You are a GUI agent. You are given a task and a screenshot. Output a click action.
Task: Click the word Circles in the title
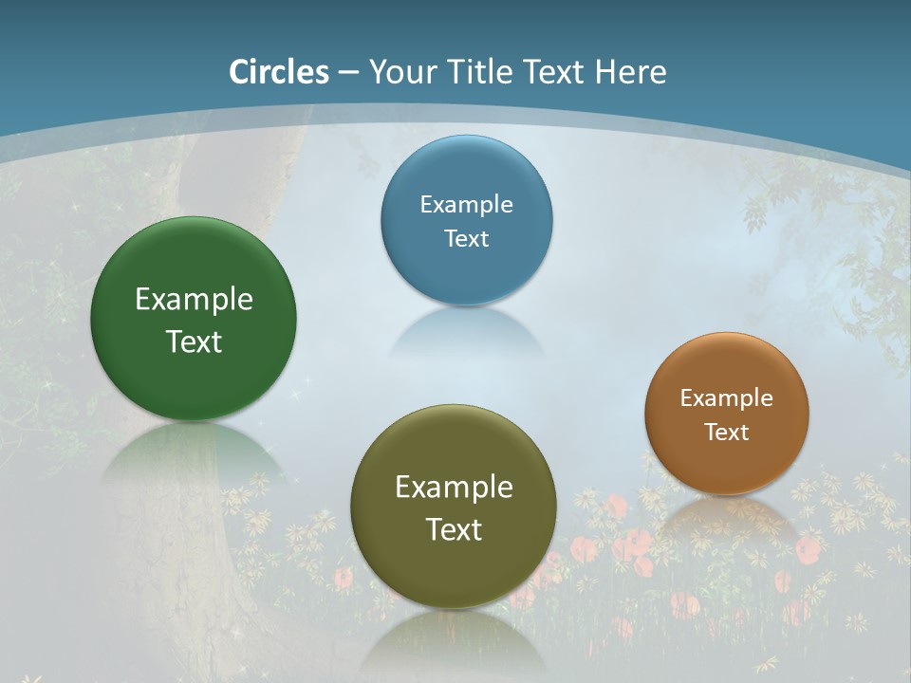coord(279,72)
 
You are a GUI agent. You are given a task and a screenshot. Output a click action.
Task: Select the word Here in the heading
coord(630,72)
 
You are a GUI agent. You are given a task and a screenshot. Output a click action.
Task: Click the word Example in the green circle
coord(194,300)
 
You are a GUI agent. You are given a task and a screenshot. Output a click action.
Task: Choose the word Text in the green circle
coord(194,341)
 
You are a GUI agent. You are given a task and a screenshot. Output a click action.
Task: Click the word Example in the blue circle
coord(466,205)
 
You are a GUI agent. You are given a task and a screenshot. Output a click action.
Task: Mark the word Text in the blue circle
coord(466,238)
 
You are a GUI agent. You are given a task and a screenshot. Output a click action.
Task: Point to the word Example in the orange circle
coord(727,398)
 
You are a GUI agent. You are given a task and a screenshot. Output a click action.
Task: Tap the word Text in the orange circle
coord(727,433)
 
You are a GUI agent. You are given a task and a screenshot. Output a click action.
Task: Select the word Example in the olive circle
coord(454,488)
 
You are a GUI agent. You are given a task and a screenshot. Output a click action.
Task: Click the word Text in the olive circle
coord(454,529)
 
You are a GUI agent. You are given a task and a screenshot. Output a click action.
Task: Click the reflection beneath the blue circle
coord(466,332)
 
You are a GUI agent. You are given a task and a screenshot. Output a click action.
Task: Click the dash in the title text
coord(348,73)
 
